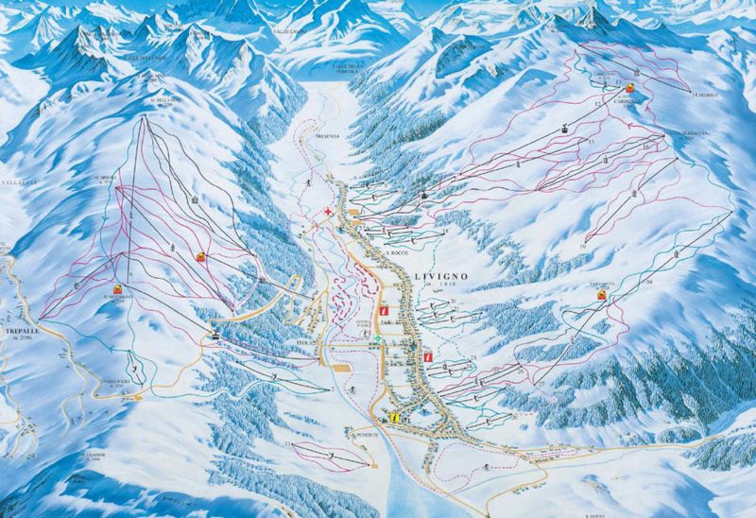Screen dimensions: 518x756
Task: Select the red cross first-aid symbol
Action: [x=327, y=212]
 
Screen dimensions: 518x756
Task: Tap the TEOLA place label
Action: [x=302, y=344]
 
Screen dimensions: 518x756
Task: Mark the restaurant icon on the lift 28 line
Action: [x=600, y=295]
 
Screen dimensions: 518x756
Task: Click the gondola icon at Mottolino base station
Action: [x=216, y=334]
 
